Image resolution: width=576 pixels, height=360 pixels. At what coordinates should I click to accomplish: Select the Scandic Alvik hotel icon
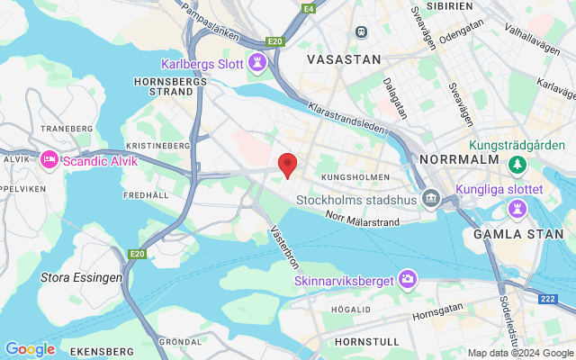point(49,160)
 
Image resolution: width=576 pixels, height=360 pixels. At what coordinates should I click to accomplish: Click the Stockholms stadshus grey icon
point(432,198)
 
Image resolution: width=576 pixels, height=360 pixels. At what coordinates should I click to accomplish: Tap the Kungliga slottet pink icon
point(517,208)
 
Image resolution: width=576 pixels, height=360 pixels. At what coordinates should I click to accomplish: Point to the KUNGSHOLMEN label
point(355,177)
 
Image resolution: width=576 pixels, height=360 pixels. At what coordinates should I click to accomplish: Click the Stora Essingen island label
point(81,277)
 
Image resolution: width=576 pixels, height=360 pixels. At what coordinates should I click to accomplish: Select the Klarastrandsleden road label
point(346,118)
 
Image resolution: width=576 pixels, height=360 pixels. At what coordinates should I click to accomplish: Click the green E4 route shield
point(310,9)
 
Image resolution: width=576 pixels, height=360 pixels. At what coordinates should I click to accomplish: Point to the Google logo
point(30,349)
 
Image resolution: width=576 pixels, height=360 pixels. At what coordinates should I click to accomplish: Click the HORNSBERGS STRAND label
point(170,85)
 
